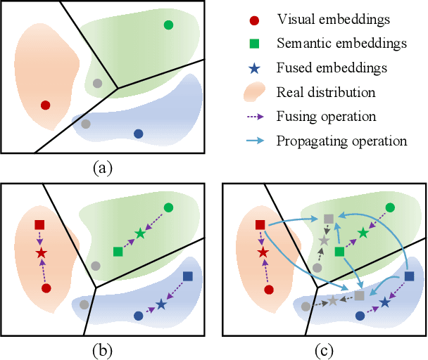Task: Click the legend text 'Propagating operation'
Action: coord(342,141)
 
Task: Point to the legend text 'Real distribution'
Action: coord(325,91)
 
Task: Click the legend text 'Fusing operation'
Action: coord(327,116)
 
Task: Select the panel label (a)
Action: coord(103,167)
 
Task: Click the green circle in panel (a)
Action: coord(168,25)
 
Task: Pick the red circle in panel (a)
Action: coord(46,105)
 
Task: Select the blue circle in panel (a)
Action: coord(138,134)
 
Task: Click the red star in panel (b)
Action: coord(41,252)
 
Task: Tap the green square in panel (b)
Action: coord(118,251)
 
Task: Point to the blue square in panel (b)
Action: coord(188,276)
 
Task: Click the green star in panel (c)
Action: coord(362,233)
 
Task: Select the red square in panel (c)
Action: coord(260,225)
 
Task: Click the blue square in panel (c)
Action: coord(410,276)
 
